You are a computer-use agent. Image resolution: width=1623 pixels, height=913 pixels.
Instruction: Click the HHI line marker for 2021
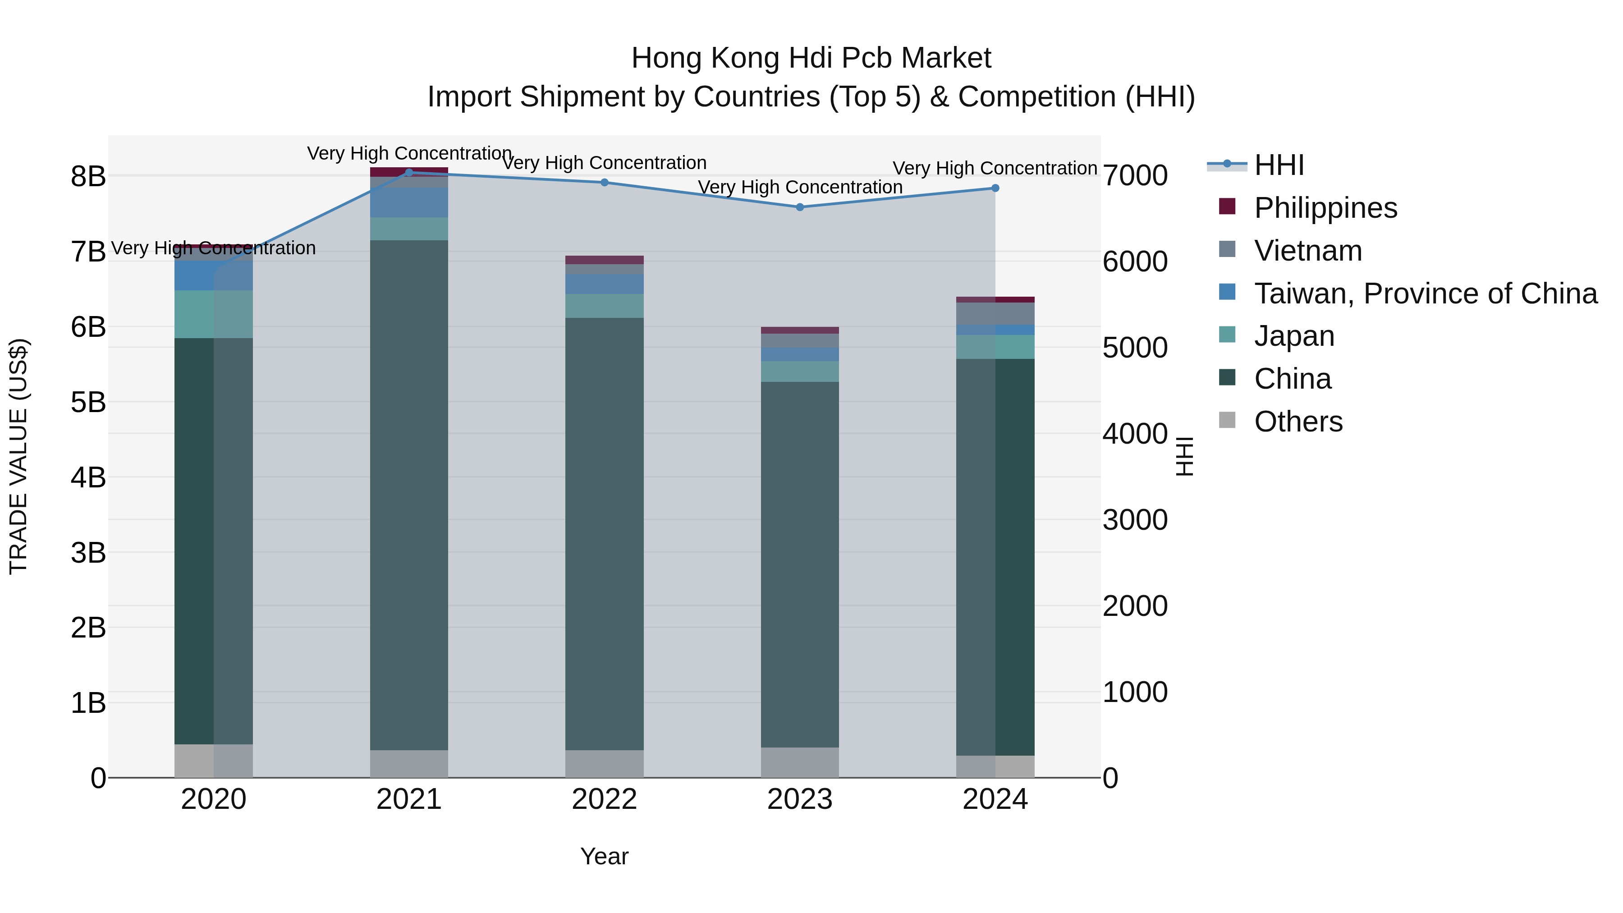pos(409,172)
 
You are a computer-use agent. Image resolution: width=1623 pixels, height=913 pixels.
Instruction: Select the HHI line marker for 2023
pos(800,206)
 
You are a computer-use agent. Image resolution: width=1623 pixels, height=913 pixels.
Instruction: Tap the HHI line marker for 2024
pos(995,188)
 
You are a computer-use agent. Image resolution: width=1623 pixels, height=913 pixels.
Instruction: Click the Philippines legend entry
pos(1325,208)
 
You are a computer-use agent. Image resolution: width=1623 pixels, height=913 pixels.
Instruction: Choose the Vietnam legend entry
pos(1307,251)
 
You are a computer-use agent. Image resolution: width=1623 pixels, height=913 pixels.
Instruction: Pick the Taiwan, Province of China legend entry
pos(1425,294)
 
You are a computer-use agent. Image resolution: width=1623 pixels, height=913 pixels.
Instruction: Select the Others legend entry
pos(1298,422)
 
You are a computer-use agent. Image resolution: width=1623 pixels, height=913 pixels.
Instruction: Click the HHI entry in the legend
pos(1279,165)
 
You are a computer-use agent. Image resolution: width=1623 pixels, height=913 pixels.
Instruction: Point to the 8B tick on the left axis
pos(88,176)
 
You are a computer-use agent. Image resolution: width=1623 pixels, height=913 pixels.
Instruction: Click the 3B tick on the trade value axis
pos(88,553)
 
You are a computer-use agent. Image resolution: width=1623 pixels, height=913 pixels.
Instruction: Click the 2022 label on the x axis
pos(604,799)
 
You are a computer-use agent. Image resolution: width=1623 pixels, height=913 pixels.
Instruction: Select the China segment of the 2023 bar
pos(800,564)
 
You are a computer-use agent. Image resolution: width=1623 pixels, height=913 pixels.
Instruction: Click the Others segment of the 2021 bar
pos(409,764)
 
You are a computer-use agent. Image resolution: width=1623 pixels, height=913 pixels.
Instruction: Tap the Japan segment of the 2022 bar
pos(604,306)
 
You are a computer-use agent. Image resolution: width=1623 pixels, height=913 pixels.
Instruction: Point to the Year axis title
pos(604,856)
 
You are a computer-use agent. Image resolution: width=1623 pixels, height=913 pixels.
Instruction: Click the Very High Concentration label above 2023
pos(800,187)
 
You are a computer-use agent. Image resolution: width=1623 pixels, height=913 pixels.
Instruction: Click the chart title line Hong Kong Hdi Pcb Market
pos(811,58)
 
